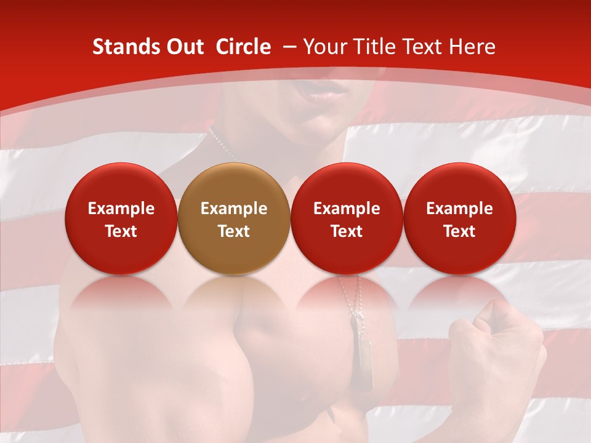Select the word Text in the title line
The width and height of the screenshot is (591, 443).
tap(426, 47)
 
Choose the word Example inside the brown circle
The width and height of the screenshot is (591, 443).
tap(233, 209)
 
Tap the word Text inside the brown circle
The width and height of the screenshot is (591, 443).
tap(233, 231)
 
